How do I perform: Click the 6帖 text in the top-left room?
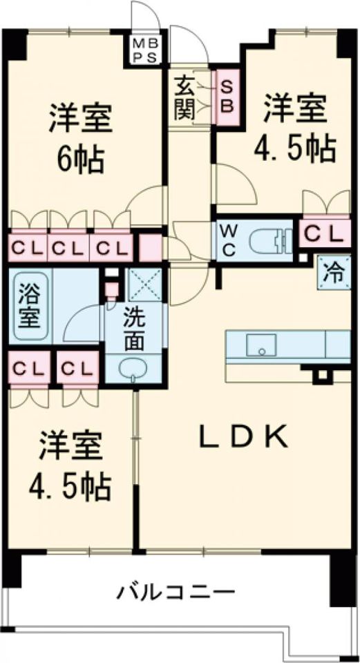click(80, 162)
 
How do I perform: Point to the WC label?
click(228, 240)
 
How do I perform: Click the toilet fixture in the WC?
click(269, 240)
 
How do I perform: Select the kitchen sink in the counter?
click(262, 345)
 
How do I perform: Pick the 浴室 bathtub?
click(30, 307)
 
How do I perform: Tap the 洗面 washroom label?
click(135, 331)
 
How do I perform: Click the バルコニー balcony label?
click(176, 592)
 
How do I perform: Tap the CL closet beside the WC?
click(323, 235)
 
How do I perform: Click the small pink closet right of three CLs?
click(149, 247)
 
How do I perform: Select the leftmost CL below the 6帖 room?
click(27, 247)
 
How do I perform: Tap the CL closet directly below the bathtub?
click(28, 367)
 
